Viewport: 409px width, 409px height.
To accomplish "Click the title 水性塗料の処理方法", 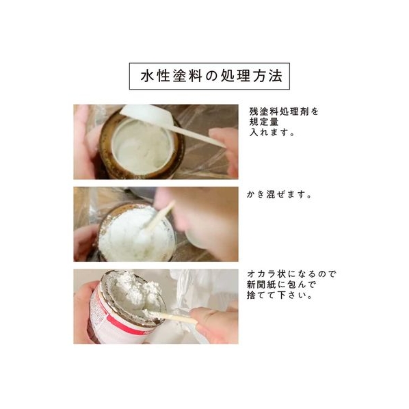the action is pyautogui.click(x=211, y=76).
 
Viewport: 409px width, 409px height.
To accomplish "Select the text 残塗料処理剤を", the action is pyautogui.click(x=284, y=111).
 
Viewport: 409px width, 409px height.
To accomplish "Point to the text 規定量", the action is pyautogui.click(x=264, y=122).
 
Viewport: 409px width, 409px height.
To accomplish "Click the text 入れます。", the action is pyautogui.click(x=272, y=132).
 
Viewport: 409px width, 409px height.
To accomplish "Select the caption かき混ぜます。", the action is pyautogui.click(x=279, y=194).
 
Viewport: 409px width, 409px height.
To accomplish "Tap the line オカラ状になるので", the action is pyautogui.click(x=291, y=274).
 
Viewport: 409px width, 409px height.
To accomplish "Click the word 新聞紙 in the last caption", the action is pyautogui.click(x=261, y=285).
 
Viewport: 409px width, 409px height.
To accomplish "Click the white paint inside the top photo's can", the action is pyautogui.click(x=142, y=147).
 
